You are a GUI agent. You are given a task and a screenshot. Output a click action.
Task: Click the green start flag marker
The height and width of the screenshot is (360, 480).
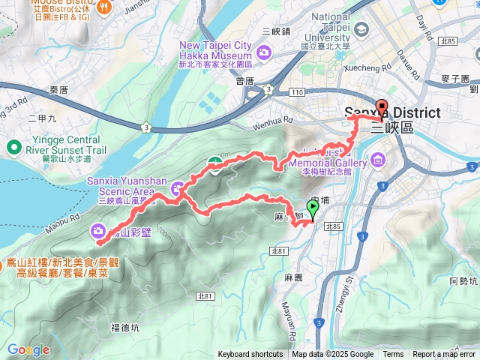[313, 211]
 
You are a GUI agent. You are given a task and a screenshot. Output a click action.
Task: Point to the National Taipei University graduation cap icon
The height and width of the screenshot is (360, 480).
[363, 30]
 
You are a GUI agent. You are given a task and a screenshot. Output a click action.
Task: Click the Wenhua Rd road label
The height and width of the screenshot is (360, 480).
[272, 118]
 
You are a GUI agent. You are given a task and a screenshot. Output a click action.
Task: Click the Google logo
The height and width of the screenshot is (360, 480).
[28, 349]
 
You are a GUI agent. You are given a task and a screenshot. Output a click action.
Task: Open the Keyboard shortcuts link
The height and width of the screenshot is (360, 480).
[250, 355]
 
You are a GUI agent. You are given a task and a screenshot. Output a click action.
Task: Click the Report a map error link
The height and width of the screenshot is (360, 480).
[444, 355]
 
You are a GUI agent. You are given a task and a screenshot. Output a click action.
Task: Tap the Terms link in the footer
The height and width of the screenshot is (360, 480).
[393, 355]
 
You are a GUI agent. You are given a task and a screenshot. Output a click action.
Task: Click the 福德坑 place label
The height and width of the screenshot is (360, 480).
[124, 327]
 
